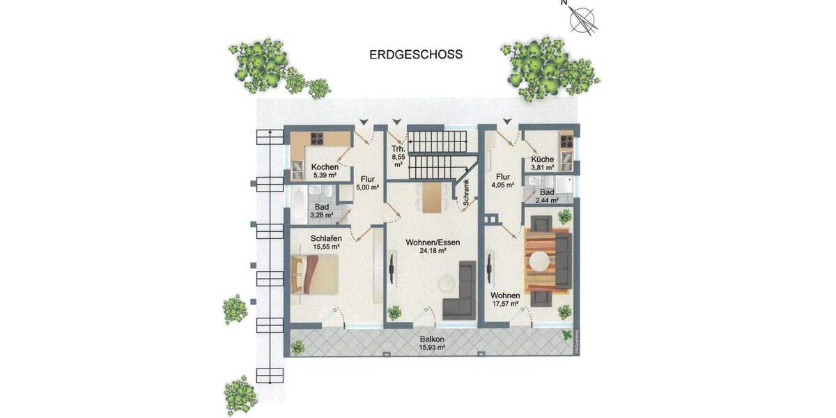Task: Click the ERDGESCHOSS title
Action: (x=416, y=54)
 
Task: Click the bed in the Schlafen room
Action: (x=316, y=274)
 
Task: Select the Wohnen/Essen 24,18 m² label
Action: (x=432, y=247)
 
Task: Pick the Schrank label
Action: (x=466, y=191)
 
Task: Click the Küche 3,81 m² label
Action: (x=542, y=164)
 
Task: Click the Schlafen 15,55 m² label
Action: (x=325, y=242)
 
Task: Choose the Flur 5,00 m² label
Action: (x=367, y=183)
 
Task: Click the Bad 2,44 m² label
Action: (x=546, y=196)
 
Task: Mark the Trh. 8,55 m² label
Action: (x=398, y=157)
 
